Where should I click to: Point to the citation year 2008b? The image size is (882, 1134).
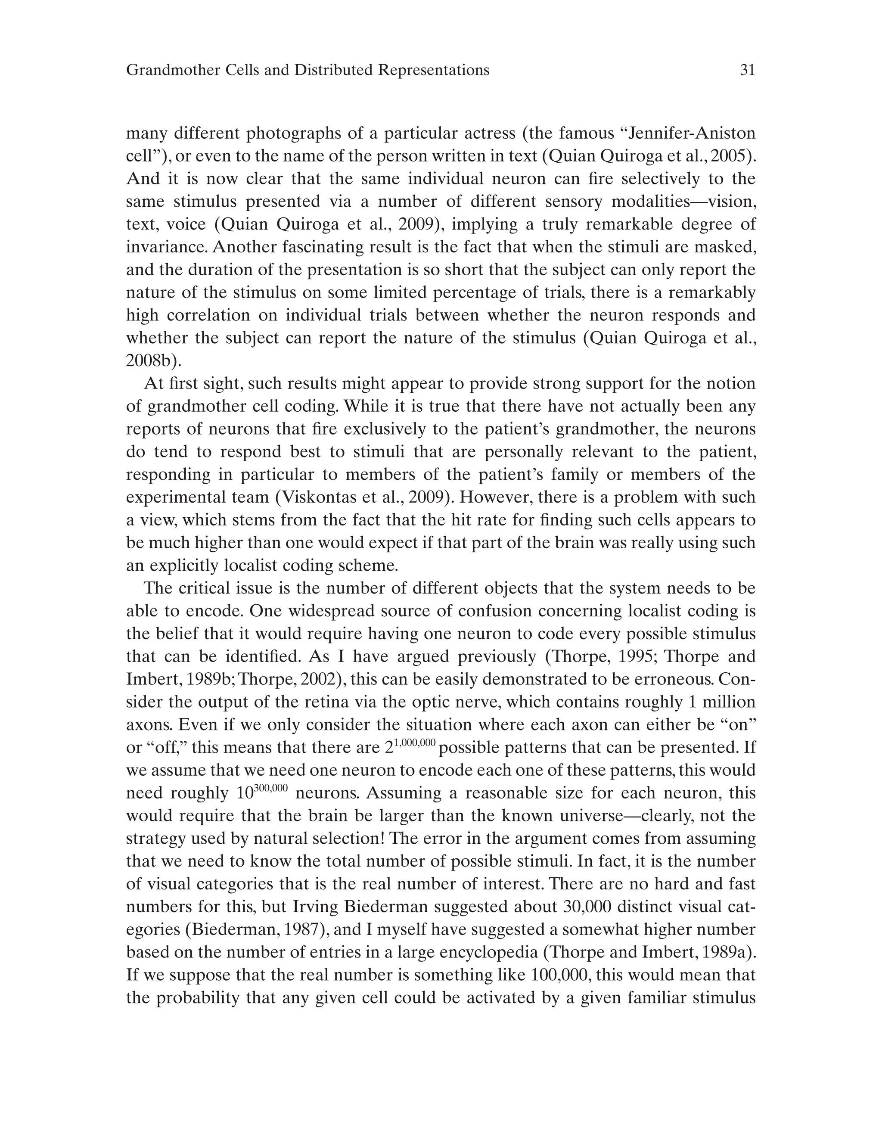point(151,360)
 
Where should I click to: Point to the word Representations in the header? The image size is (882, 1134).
point(434,70)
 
